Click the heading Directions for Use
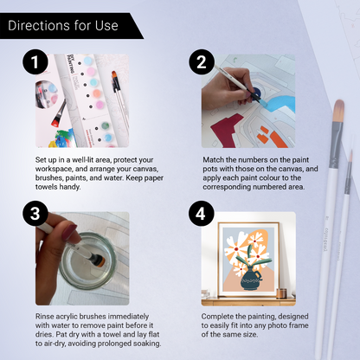pos(62,25)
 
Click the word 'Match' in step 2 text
pos(214,161)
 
